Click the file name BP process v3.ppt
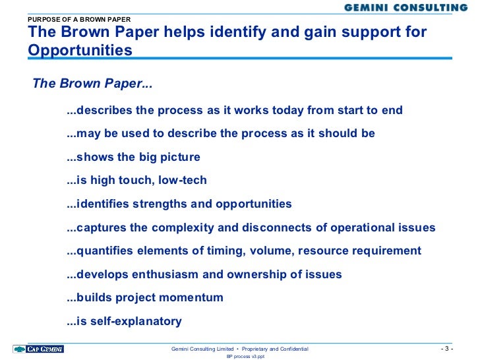tap(245, 356)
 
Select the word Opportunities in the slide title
tap(80, 50)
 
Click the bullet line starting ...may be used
tap(221, 133)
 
